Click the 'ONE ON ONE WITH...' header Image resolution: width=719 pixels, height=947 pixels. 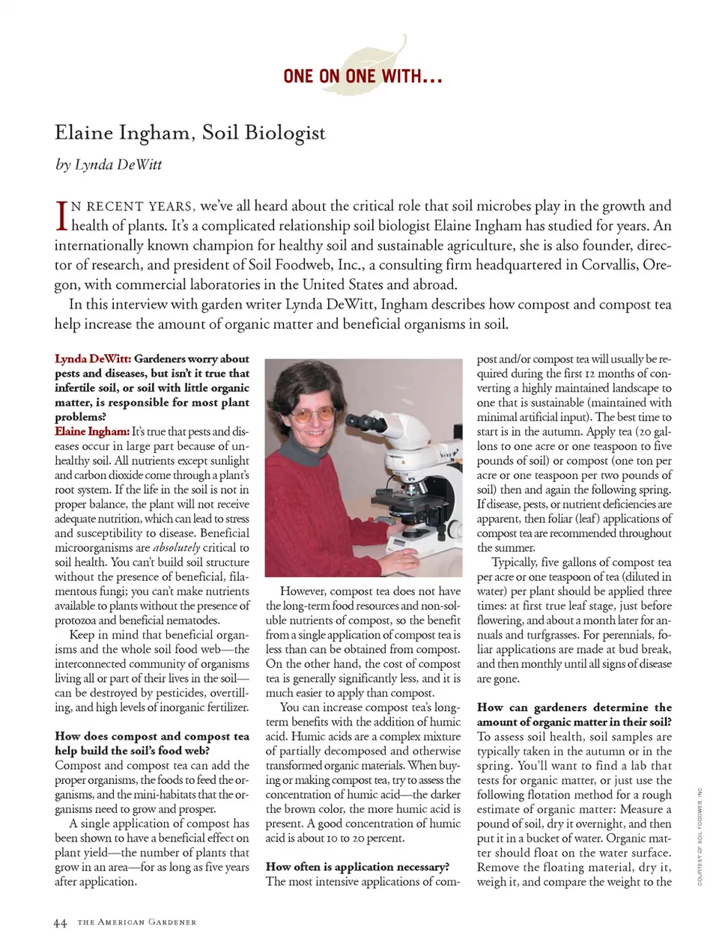(x=362, y=76)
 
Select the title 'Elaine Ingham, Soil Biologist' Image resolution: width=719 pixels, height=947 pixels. (x=190, y=133)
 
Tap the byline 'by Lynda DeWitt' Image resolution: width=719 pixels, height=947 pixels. (x=109, y=165)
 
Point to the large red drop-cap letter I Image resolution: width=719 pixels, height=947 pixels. (x=61, y=216)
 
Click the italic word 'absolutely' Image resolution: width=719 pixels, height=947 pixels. (x=176, y=548)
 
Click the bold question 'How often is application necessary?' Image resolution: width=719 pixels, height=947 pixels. (x=357, y=867)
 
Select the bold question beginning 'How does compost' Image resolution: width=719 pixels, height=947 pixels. (x=151, y=743)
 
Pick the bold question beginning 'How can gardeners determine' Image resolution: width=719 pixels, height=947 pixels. (x=574, y=715)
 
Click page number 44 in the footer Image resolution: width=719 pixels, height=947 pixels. (x=61, y=923)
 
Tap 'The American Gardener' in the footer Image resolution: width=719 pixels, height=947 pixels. (x=136, y=923)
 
